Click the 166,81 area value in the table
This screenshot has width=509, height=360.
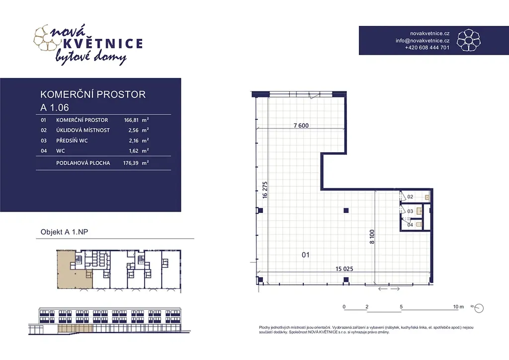click(x=131, y=120)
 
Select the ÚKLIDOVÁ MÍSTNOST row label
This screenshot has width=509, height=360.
click(x=83, y=130)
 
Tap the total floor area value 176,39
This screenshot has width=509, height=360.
click(x=131, y=163)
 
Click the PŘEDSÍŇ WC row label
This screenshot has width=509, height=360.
click(x=72, y=141)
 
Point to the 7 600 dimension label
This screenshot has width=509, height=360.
click(x=301, y=126)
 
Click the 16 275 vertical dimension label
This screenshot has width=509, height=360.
click(x=265, y=190)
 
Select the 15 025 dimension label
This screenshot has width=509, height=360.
click(x=344, y=269)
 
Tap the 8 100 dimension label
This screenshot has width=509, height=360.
click(x=372, y=237)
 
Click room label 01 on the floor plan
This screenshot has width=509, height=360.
click(x=306, y=255)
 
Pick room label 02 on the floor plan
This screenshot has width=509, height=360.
click(x=410, y=197)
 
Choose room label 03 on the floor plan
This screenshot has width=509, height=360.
click(x=410, y=211)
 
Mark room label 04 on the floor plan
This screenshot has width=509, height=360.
click(x=410, y=225)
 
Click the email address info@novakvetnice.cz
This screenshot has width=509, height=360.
click(x=423, y=41)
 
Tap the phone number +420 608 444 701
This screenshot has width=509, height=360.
click(x=427, y=47)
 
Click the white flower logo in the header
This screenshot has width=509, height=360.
click(x=468, y=40)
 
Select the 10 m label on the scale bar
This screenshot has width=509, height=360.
click(x=458, y=306)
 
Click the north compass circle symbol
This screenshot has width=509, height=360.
click(x=479, y=308)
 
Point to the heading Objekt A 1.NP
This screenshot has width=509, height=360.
click(x=64, y=232)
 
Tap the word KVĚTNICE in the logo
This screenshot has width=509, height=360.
click(x=102, y=43)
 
